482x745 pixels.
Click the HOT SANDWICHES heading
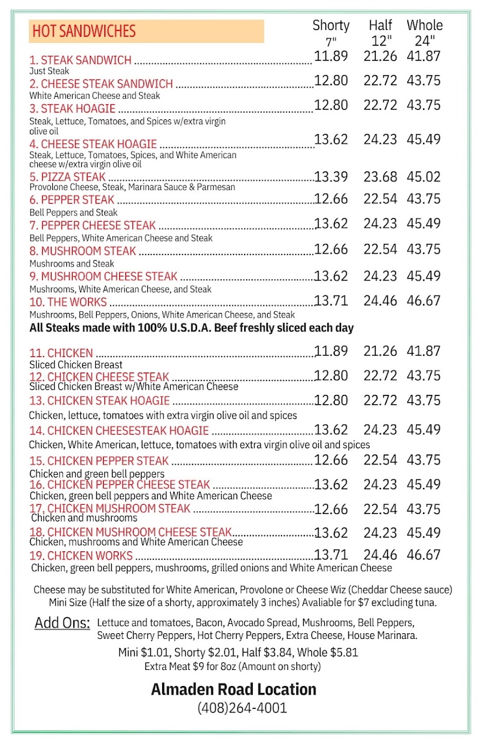(x=84, y=31)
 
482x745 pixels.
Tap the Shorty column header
(x=330, y=25)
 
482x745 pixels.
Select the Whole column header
(x=425, y=25)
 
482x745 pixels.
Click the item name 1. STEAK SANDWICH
(x=80, y=60)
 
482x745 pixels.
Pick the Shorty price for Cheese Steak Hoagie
(x=331, y=140)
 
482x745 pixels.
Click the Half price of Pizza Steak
(x=380, y=177)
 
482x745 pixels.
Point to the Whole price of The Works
(x=424, y=301)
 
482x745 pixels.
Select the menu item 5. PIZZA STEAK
(x=67, y=178)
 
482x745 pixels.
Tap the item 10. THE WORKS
(x=68, y=302)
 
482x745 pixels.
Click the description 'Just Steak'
(x=49, y=71)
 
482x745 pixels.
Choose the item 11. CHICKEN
(x=61, y=353)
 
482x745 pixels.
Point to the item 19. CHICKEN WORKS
(x=81, y=556)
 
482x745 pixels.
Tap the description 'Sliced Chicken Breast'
(x=76, y=364)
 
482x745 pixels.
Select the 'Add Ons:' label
(x=62, y=623)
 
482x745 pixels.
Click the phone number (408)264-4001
(x=242, y=707)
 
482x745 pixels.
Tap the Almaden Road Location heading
(x=234, y=689)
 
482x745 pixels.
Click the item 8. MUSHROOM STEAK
(x=82, y=251)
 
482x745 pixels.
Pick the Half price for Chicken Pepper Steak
(x=380, y=460)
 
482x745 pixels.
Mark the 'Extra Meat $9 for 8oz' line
(x=232, y=666)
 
